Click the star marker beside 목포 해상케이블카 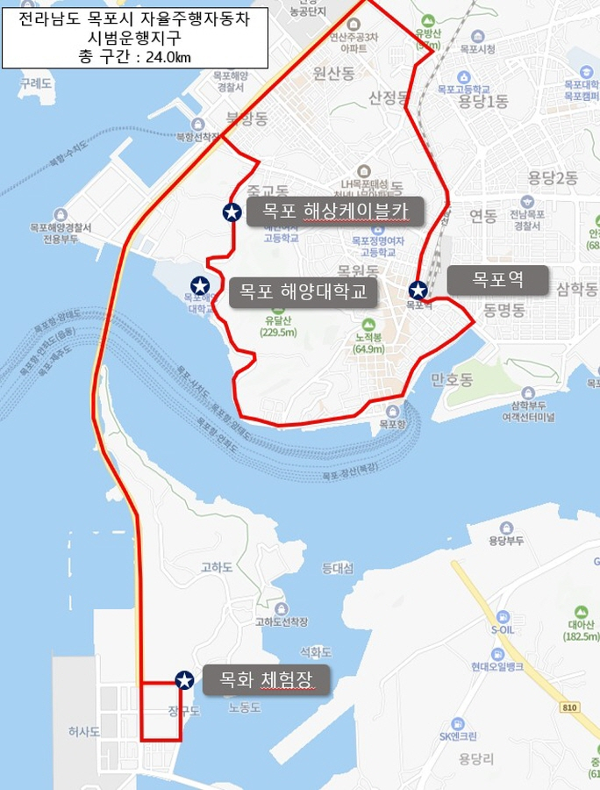click(x=232, y=212)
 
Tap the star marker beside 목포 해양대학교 click(x=200, y=285)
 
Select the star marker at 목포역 click(x=418, y=290)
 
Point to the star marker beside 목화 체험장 click(x=184, y=679)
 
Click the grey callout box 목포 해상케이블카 click(x=335, y=212)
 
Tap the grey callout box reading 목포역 click(x=497, y=281)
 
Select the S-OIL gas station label click(x=503, y=628)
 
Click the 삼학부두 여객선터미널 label click(x=528, y=410)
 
